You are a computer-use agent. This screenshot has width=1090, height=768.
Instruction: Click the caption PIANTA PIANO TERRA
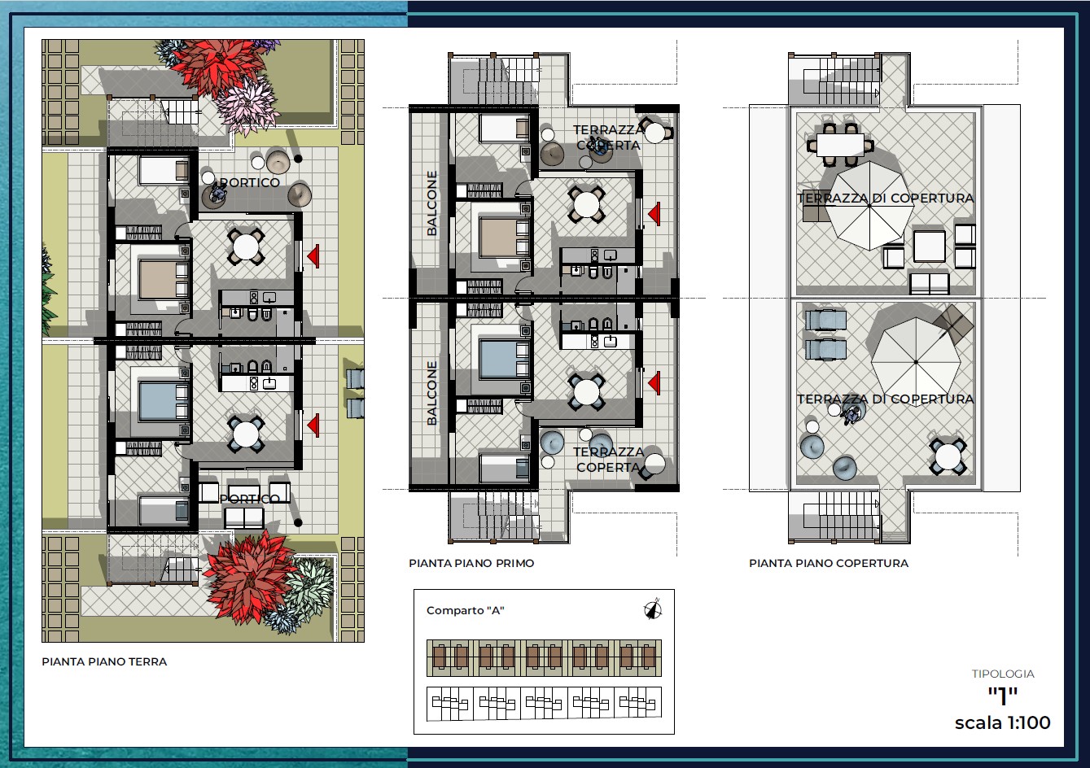tap(104, 661)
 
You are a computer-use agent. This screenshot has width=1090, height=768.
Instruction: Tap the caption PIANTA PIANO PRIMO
tap(471, 563)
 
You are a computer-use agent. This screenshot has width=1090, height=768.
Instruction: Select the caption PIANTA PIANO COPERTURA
tap(828, 563)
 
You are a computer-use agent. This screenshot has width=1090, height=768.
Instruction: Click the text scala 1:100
tap(1002, 722)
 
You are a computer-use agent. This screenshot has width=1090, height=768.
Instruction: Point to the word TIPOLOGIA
tap(1003, 674)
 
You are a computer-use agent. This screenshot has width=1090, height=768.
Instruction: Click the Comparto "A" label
tap(465, 610)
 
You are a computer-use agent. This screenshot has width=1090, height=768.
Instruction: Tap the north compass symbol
tap(653, 609)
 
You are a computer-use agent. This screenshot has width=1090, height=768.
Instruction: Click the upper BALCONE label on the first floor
tap(431, 203)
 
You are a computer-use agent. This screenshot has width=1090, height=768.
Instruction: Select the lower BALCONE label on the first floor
tap(431, 393)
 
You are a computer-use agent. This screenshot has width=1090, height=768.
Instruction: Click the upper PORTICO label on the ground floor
tap(250, 182)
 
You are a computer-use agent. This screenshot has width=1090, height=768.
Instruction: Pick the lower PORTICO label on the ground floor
tap(250, 499)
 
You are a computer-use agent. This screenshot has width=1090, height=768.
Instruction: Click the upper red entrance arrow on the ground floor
tap(313, 255)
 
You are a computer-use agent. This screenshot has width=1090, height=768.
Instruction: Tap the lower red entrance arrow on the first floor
tap(654, 383)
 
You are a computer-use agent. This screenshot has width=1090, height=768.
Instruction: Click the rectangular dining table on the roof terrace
tap(840, 145)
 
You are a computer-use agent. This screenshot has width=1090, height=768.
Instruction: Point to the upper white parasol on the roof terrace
tap(869, 206)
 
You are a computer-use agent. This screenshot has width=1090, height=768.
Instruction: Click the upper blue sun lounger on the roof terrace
tap(825, 321)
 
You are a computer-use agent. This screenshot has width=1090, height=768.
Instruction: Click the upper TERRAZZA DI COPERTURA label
tap(886, 198)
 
